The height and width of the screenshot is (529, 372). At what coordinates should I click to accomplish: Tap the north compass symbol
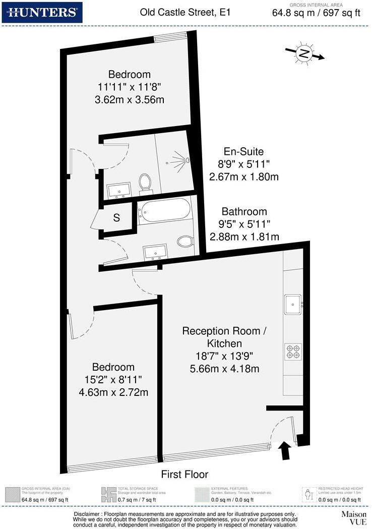[304, 53]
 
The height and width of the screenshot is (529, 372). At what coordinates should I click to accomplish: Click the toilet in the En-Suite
[146, 182]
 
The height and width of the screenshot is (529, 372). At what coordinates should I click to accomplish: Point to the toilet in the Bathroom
[184, 242]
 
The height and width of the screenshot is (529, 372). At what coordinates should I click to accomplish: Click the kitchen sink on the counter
[293, 304]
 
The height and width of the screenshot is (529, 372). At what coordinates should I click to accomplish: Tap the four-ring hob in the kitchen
[293, 350]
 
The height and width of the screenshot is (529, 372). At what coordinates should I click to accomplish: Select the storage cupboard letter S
[116, 218]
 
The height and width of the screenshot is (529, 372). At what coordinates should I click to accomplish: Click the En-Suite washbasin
[119, 190]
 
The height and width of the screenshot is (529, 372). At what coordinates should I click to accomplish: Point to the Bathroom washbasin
[155, 251]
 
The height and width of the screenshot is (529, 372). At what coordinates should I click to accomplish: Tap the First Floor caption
[184, 475]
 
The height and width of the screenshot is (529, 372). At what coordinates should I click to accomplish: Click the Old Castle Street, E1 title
[185, 12]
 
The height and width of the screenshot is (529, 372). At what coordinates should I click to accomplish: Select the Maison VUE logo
[353, 518]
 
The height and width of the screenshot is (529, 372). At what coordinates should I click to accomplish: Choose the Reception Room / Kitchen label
[223, 337]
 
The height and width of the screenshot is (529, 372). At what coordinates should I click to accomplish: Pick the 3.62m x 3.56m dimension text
[130, 100]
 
